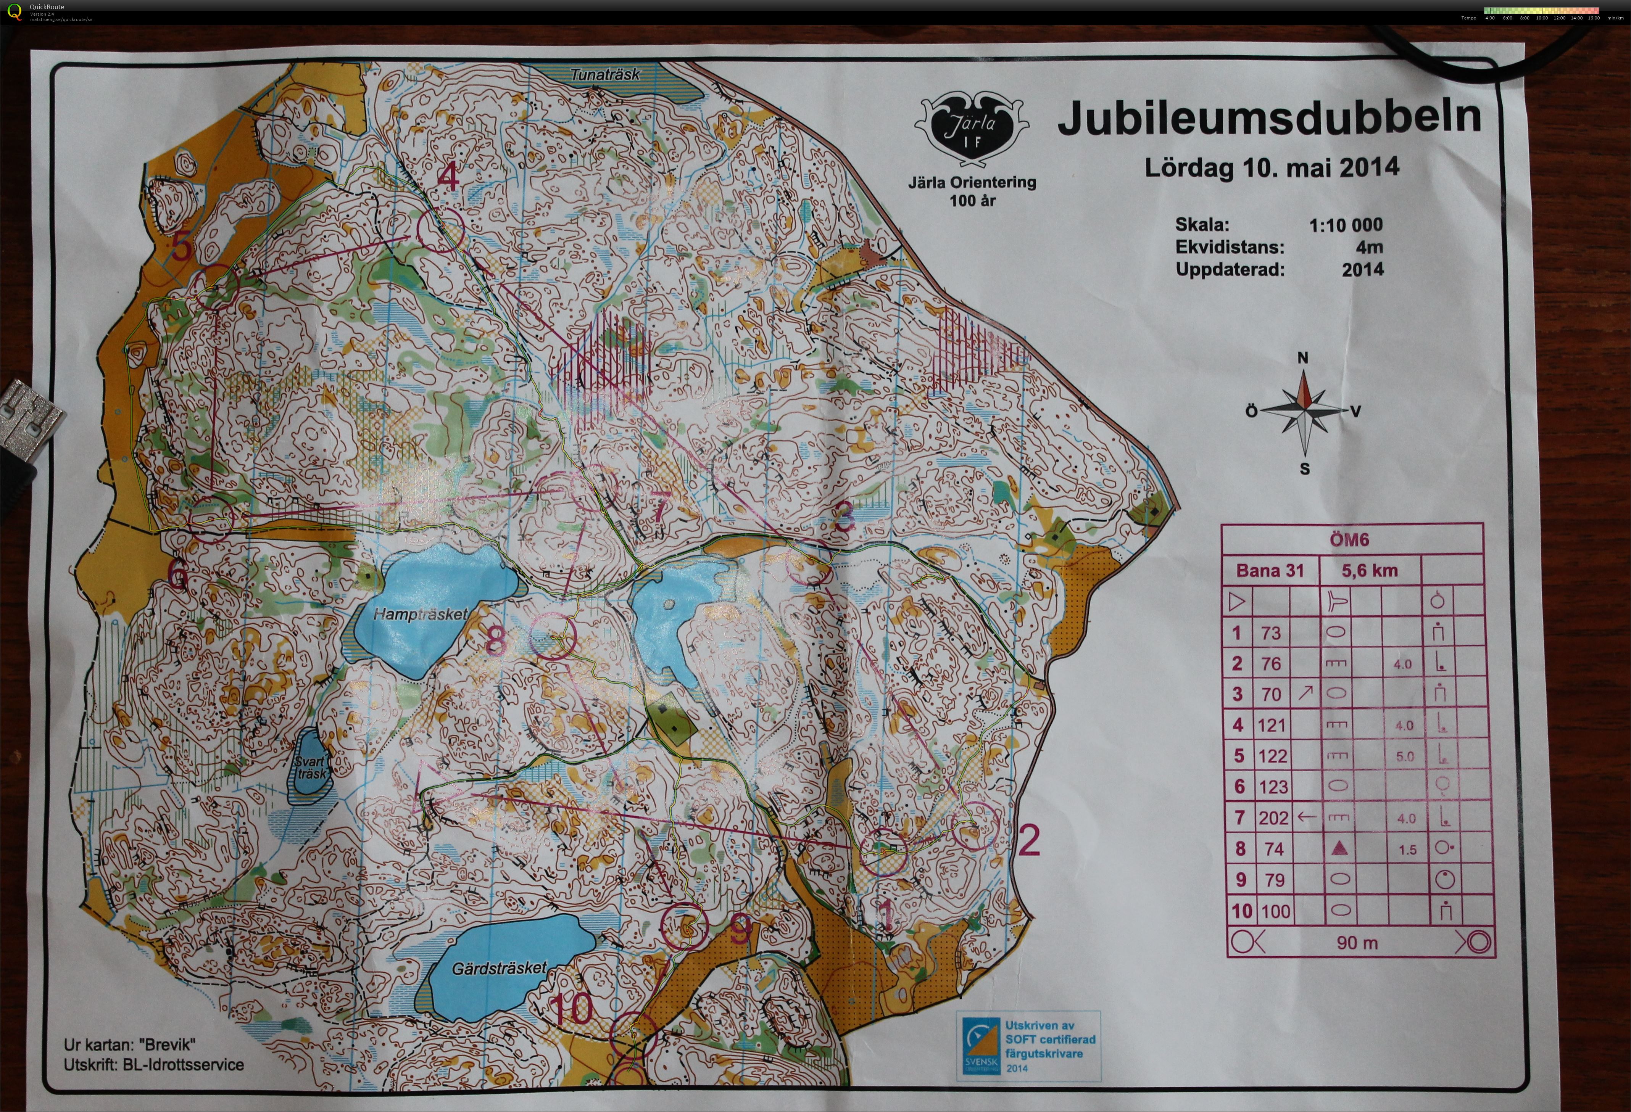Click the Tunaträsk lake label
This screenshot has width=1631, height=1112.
pos(605,74)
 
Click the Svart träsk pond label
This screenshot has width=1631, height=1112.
pos(309,768)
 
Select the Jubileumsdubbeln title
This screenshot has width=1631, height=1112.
pos(1269,118)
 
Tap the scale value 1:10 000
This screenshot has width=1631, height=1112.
pos(1345,225)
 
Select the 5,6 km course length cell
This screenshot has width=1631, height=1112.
pos(1369,570)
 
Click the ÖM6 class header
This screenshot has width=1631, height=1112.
pos(1349,539)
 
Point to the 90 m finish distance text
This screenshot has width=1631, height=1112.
pos(1357,942)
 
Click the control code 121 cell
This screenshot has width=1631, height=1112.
pos(1271,725)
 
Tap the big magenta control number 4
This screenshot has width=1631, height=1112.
pos(448,177)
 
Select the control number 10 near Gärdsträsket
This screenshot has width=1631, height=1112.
pos(573,1009)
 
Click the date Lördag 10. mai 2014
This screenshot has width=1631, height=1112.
pos(1272,168)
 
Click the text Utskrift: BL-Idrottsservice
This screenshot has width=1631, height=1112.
pos(154,1064)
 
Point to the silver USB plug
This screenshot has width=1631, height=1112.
pos(28,421)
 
